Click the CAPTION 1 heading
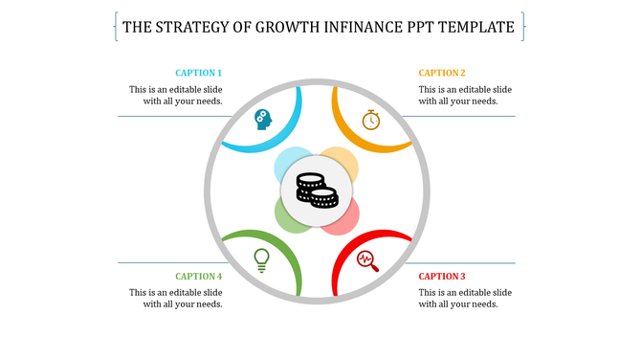click(199, 73)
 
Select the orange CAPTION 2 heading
click(442, 73)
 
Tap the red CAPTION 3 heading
click(442, 277)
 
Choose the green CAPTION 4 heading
click(199, 277)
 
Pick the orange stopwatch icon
click(371, 120)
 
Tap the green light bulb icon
click(261, 259)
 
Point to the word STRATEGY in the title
click(196, 27)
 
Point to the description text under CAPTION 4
click(183, 298)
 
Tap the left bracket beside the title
click(116, 27)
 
